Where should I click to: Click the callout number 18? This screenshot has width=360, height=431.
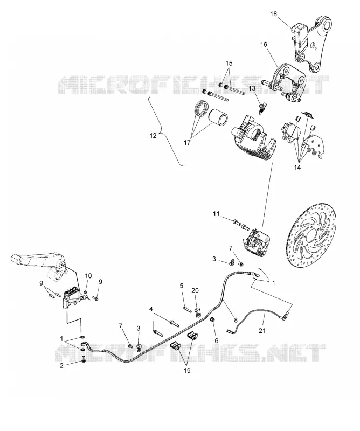[x=273, y=14]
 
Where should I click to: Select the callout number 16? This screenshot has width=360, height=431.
[x=264, y=44]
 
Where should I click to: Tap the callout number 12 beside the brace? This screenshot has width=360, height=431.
[x=153, y=136]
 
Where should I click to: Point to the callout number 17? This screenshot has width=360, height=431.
[x=187, y=143]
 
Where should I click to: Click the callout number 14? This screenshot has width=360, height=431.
[x=297, y=168]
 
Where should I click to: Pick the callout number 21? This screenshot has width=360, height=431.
[x=262, y=330]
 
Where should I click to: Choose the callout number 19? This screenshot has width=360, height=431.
[x=187, y=371]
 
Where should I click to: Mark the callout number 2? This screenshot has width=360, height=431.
[x=61, y=365]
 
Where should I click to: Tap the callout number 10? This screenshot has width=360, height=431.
[x=88, y=276]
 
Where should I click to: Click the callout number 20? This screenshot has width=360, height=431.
[x=195, y=290]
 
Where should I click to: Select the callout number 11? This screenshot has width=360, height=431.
[x=217, y=213]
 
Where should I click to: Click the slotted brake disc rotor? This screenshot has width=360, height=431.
[x=310, y=242]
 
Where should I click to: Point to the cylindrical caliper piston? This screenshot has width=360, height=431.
[x=218, y=119]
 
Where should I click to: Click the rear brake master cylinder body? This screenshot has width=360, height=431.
[x=72, y=297]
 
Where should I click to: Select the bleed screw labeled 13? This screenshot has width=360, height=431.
[x=261, y=108]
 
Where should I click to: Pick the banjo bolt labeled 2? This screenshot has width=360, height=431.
[x=84, y=359]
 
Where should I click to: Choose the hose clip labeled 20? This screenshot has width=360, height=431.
[x=198, y=312]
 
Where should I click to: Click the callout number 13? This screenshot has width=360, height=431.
[x=252, y=88]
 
